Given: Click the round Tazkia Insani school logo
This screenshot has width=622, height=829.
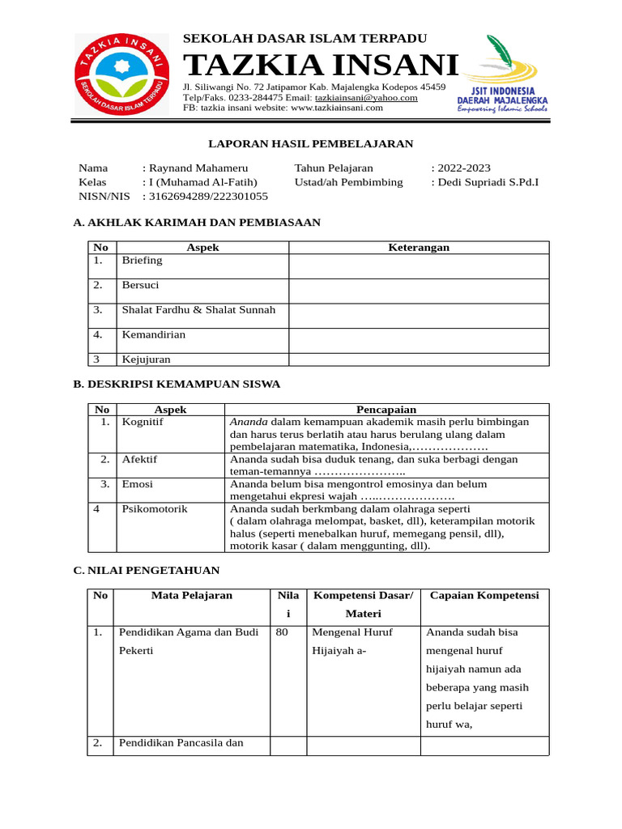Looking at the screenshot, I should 126,77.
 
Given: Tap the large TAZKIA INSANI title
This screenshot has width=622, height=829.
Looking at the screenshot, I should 322,65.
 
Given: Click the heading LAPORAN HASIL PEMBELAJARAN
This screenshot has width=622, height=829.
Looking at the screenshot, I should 311,144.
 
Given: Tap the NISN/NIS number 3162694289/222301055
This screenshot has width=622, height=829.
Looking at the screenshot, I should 208,196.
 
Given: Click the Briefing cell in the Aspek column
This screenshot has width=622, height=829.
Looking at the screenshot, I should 142,261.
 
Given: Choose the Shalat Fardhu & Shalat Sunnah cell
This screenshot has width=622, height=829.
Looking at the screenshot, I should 198,310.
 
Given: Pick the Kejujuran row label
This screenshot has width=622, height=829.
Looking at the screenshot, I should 146,359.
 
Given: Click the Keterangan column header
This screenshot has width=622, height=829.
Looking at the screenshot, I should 419,248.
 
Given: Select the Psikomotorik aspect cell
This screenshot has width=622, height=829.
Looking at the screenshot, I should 154,509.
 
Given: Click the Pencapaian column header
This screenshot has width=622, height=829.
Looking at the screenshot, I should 386,410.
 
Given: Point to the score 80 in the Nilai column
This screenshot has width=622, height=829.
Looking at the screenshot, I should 282,632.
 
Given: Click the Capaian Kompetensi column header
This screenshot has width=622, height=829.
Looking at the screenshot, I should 484,595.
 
